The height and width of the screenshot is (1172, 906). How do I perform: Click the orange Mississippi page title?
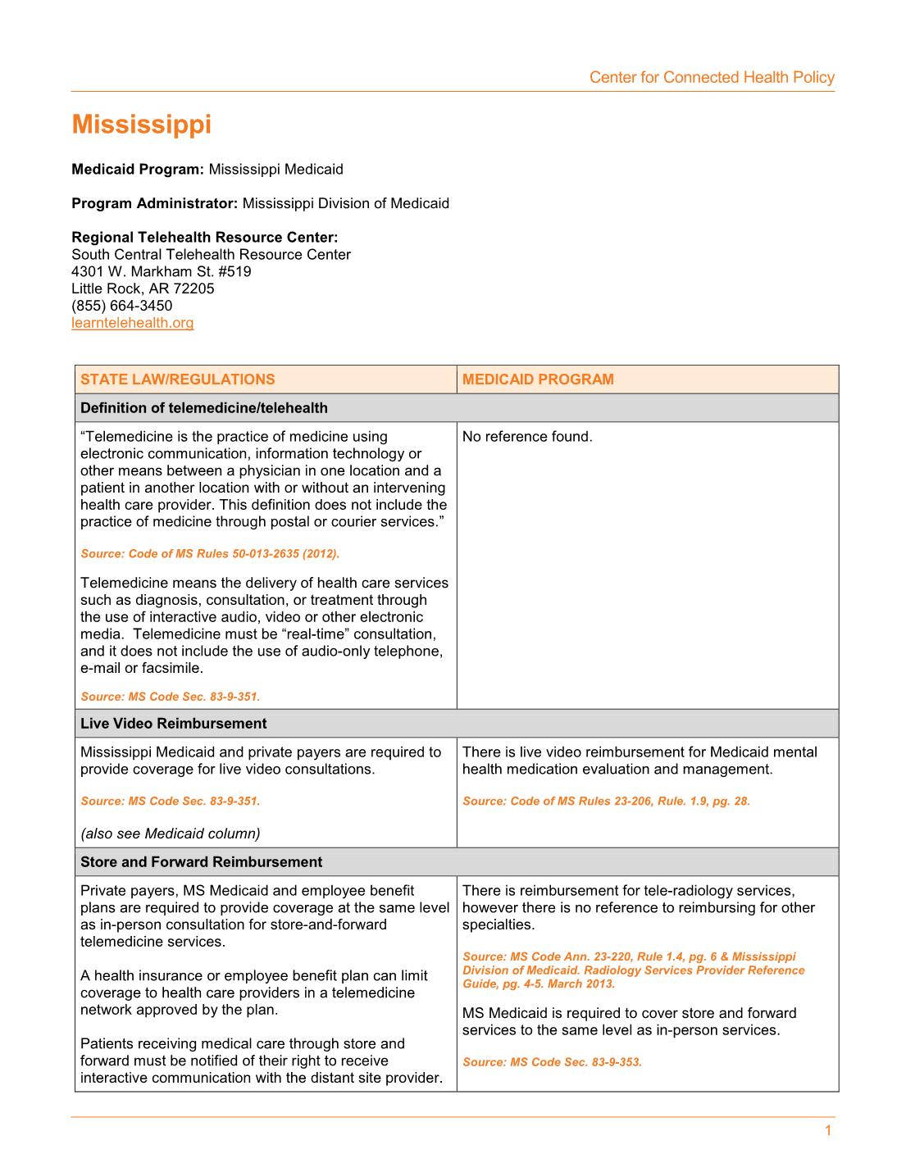[141, 125]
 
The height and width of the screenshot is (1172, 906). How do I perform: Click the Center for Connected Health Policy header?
[711, 78]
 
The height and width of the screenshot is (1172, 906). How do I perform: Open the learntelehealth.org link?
[132, 323]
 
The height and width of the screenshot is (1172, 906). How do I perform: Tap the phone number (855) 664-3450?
[121, 306]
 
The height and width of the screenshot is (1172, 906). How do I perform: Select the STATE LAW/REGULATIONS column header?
[177, 379]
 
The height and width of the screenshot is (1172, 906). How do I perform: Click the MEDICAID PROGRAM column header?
[537, 379]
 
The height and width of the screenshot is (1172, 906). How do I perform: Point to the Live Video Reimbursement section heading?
[173, 724]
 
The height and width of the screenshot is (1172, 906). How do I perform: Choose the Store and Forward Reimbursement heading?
[201, 862]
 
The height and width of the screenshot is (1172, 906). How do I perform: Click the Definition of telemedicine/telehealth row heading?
[203, 408]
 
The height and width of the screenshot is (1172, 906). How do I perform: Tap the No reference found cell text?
[526, 437]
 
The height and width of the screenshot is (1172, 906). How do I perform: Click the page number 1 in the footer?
[827, 1131]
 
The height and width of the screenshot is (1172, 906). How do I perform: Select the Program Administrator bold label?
[154, 203]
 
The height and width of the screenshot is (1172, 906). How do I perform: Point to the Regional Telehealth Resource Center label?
[204, 238]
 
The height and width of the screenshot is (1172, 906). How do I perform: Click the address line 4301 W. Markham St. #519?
[161, 271]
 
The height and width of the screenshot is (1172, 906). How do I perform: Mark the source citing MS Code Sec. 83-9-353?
[551, 1062]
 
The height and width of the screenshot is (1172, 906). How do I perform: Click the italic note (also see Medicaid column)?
[170, 834]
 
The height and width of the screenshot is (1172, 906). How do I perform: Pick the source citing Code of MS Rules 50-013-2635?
[209, 554]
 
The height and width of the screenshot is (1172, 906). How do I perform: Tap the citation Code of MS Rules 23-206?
[605, 802]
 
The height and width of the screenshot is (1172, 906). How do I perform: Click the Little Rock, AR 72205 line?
[143, 288]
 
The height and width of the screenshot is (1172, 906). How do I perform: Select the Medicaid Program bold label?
[137, 170]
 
